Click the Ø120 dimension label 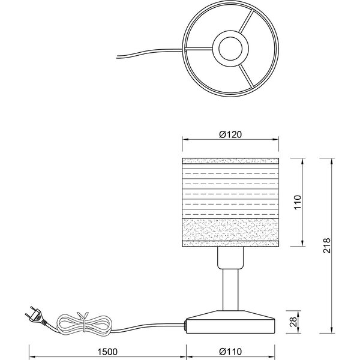[x=231, y=135]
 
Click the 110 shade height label [x=296, y=203]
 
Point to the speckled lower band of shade [x=231, y=229]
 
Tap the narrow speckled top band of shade [x=231, y=162]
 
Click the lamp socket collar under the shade [x=231, y=259]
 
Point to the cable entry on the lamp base [x=187, y=325]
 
